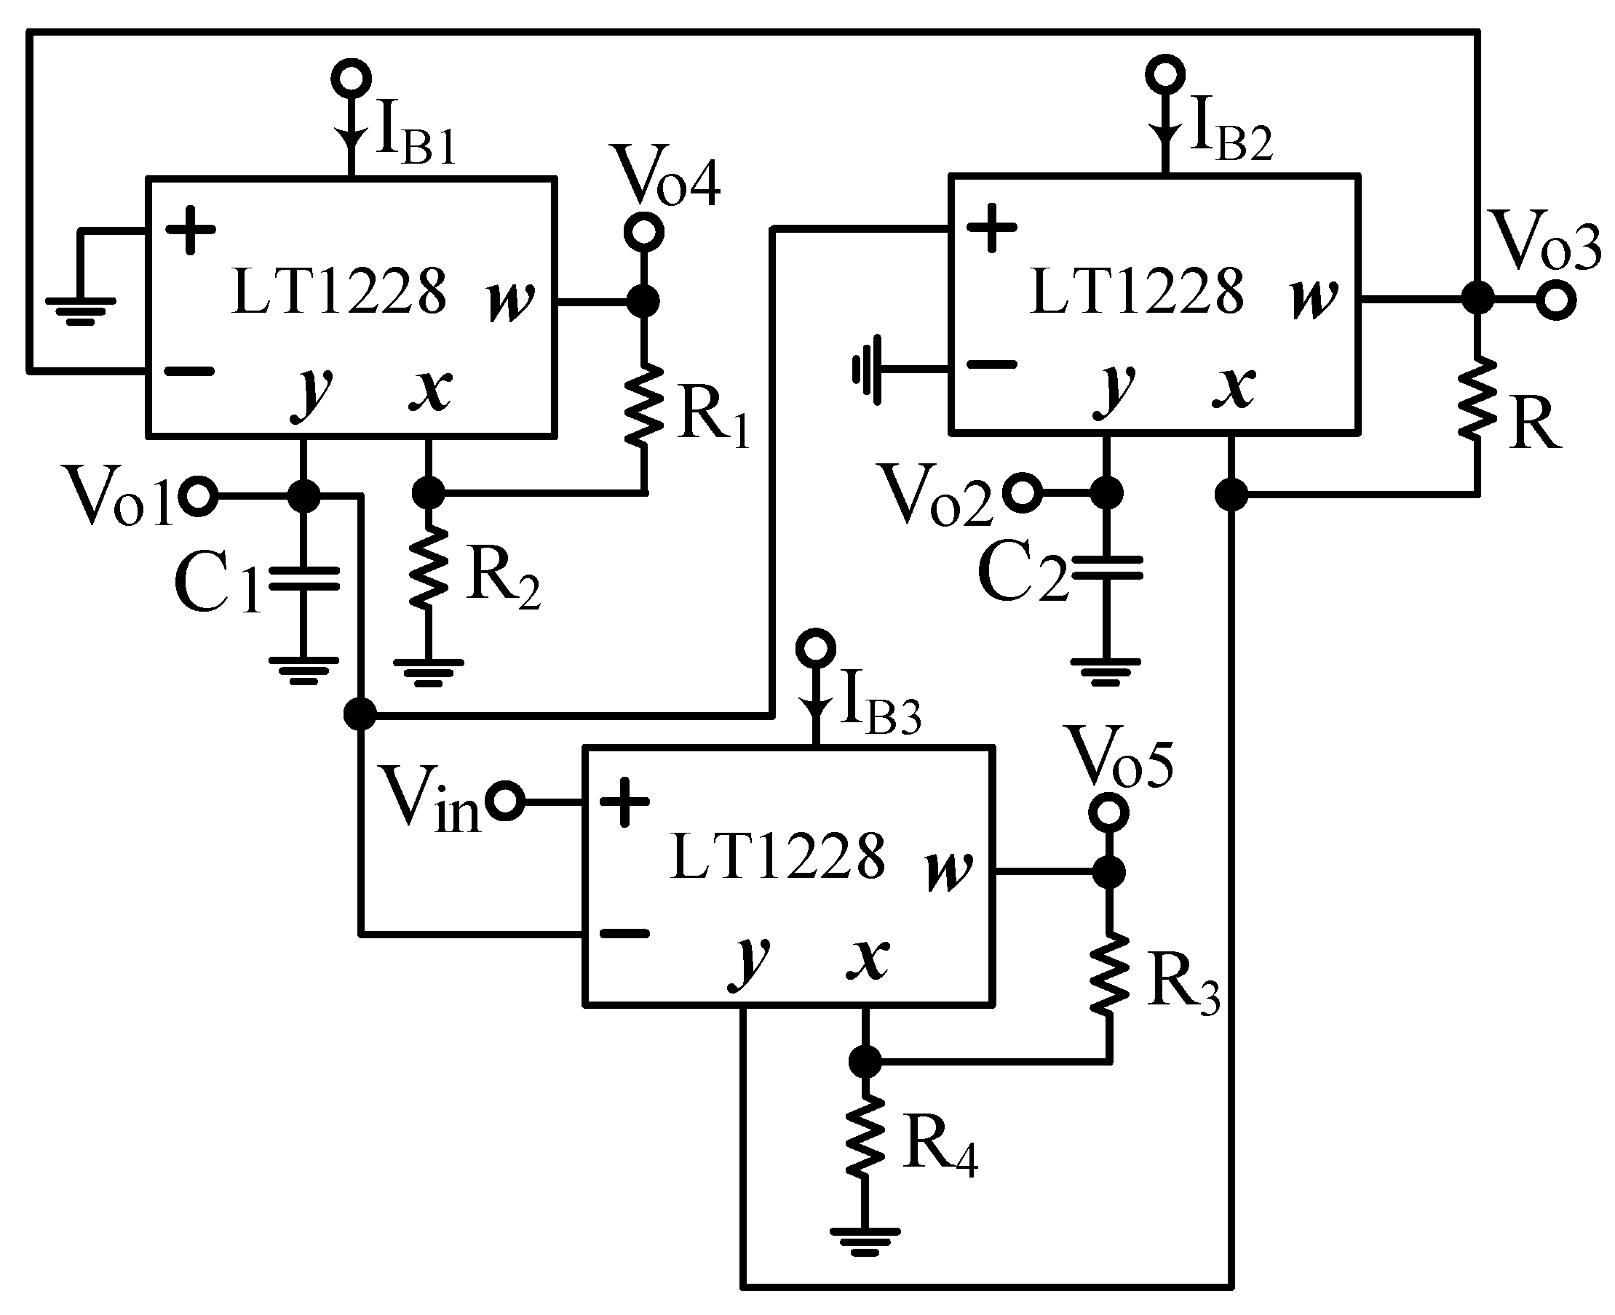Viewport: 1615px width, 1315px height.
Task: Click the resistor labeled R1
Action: tap(643, 405)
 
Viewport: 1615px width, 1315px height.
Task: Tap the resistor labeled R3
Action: tap(1108, 974)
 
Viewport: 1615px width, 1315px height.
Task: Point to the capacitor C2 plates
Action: tap(1106, 567)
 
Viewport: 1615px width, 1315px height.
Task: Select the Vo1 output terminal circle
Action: tap(199, 497)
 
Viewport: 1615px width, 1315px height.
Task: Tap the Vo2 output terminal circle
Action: tap(1023, 493)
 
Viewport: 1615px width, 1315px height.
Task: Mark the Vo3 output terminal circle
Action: tap(1556, 300)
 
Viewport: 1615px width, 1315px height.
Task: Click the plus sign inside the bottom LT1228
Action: tap(624, 801)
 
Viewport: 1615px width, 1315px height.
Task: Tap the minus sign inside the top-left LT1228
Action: tap(189, 370)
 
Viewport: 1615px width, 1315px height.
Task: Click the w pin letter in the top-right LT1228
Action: tap(1314, 297)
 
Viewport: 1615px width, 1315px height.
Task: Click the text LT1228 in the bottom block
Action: tap(777, 856)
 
